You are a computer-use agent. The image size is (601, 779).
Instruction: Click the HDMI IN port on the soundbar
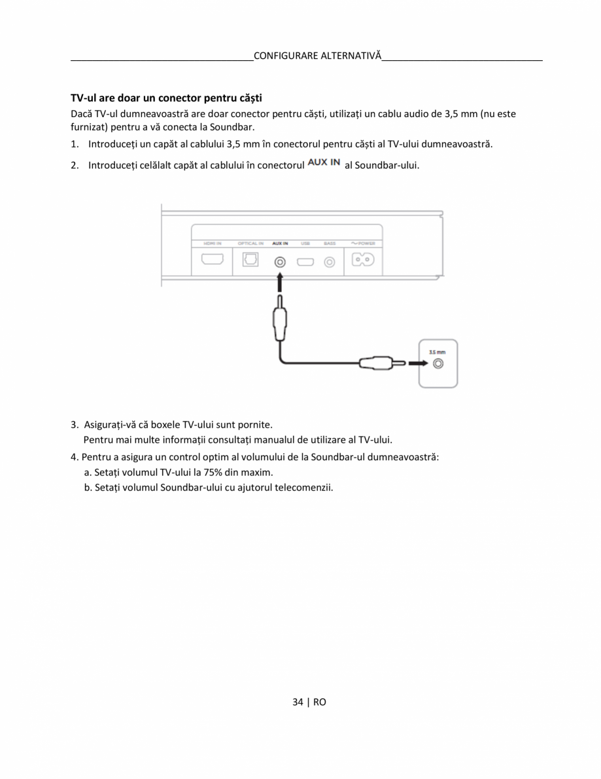212,260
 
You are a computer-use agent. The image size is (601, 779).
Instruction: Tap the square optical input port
250,260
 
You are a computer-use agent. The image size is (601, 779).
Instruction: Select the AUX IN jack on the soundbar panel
280,261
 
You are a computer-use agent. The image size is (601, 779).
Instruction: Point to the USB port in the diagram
305,262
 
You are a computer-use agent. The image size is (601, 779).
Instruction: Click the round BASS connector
330,262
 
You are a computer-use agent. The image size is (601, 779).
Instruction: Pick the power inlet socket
363,260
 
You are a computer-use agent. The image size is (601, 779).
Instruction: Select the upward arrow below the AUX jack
280,283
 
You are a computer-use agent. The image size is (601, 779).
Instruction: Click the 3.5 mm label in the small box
437,352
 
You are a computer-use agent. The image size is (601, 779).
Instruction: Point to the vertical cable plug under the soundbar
280,321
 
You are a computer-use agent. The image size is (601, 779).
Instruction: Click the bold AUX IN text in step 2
324,163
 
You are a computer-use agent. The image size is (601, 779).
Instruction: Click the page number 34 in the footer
298,702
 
